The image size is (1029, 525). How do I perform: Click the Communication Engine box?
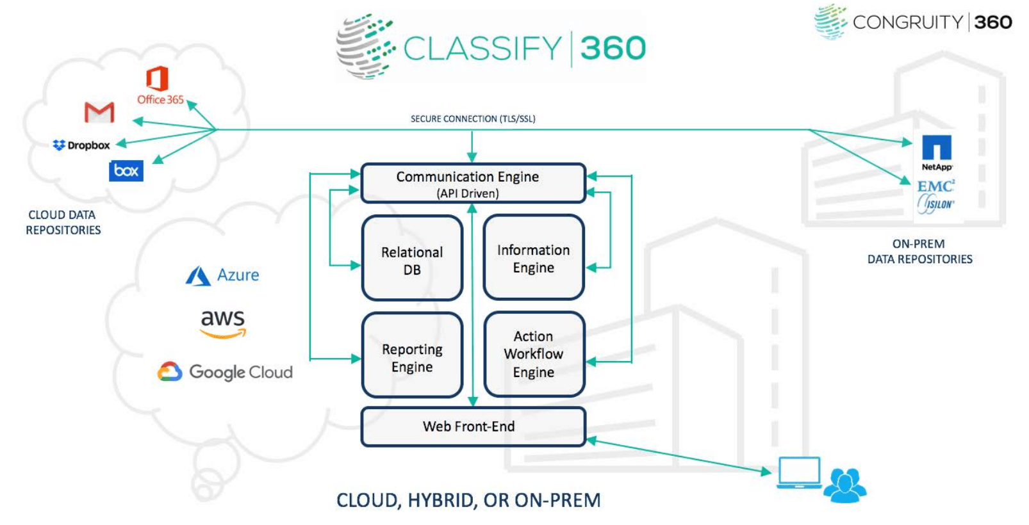pyautogui.click(x=473, y=183)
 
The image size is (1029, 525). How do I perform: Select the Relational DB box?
pyautogui.click(x=412, y=258)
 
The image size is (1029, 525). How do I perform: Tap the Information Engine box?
pyautogui.click(x=534, y=257)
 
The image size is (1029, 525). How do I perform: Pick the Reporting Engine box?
pyautogui.click(x=412, y=355)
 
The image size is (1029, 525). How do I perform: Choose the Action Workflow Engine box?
pyautogui.click(x=534, y=354)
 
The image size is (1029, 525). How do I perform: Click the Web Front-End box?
pyautogui.click(x=473, y=426)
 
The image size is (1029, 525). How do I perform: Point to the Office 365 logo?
pyautogui.click(x=158, y=86)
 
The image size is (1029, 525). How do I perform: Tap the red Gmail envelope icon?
pyautogui.click(x=99, y=113)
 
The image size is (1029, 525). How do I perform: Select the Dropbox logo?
pyautogui.click(x=81, y=145)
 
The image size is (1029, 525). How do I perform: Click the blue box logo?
pyautogui.click(x=126, y=171)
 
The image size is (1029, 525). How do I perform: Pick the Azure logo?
pyautogui.click(x=222, y=275)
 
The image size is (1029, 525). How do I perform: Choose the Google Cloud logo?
pyautogui.click(x=225, y=372)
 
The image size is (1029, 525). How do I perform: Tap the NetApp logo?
pyautogui.click(x=936, y=152)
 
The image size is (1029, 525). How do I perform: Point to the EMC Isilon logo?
pyautogui.click(x=935, y=196)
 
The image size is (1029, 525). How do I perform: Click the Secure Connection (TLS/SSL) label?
pyautogui.click(x=473, y=119)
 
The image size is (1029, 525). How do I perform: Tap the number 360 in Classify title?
pyautogui.click(x=613, y=49)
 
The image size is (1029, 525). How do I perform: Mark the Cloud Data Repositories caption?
pyautogui.click(x=63, y=222)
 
